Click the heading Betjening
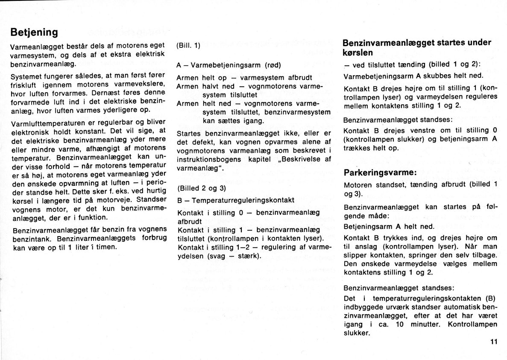(34, 33)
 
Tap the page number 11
(494, 341)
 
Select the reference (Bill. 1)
(188, 45)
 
